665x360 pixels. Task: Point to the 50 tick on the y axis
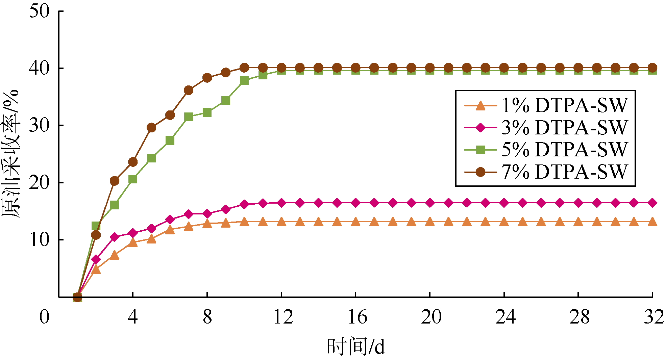tap(40, 11)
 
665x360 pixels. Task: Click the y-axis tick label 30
tap(40, 125)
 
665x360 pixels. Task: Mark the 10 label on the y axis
tap(40, 240)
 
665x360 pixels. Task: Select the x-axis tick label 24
tap(505, 317)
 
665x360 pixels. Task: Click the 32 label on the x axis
tap(654, 317)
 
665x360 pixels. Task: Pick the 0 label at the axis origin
tap(44, 317)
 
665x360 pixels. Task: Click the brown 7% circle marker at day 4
tap(133, 162)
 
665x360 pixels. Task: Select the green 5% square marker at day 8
tap(207, 112)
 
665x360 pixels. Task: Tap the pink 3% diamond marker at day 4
tap(133, 233)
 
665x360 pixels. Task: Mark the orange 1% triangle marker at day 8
tap(207, 224)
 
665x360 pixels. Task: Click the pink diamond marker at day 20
tap(430, 203)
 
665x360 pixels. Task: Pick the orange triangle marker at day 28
tap(578, 222)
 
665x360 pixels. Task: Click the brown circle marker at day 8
tap(207, 78)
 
